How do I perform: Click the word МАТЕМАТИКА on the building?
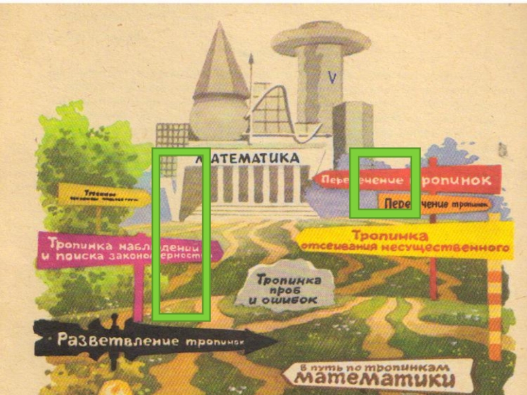(x=247, y=159)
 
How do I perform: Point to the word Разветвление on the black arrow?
(x=118, y=340)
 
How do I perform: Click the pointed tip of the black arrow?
(x=275, y=340)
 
